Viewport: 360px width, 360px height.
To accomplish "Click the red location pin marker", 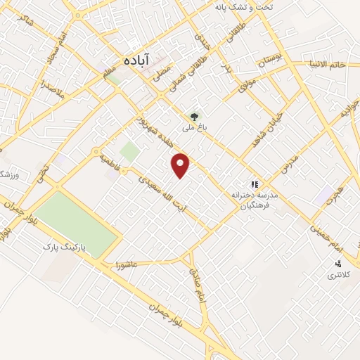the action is pos(181,165).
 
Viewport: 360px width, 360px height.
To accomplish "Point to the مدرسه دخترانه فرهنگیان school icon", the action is pos(254,184).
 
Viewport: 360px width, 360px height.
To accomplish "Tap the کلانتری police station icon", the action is pos(338,264).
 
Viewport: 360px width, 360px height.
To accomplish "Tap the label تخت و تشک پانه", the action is pos(246,6).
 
